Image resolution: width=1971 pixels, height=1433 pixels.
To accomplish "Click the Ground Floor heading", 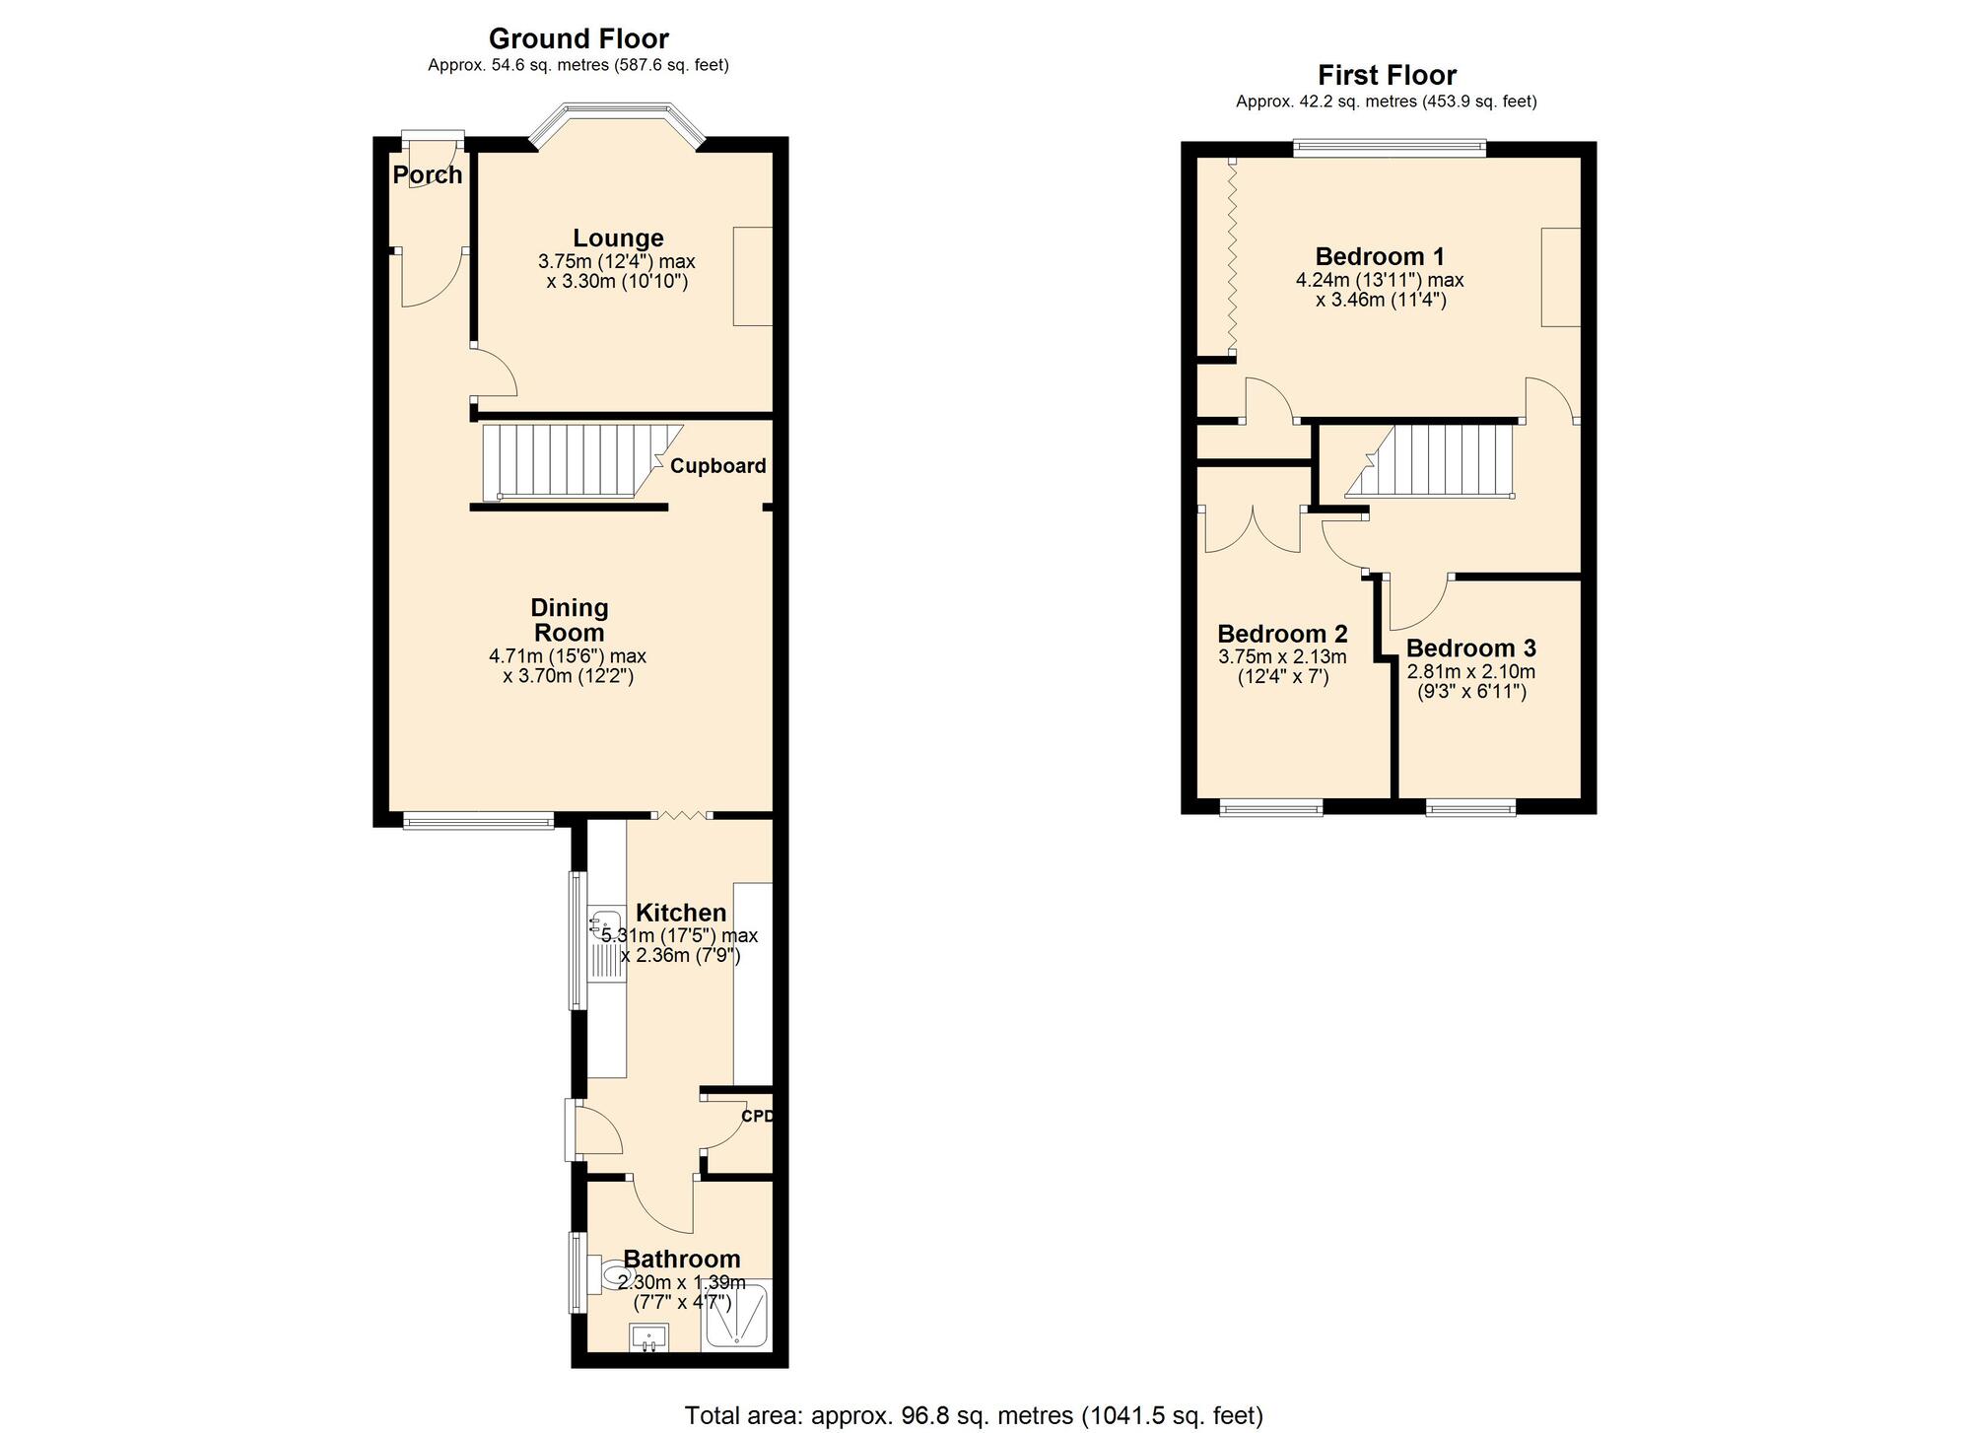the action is pyautogui.click(x=578, y=38).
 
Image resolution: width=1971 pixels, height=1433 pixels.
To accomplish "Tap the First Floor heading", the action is pyautogui.click(x=1387, y=75).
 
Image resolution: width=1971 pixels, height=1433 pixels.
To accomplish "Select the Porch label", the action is pyautogui.click(x=428, y=175).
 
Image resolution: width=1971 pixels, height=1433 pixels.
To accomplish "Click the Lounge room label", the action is pyautogui.click(x=619, y=238).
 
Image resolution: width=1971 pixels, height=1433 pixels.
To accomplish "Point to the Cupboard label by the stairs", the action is pyautogui.click(x=717, y=466).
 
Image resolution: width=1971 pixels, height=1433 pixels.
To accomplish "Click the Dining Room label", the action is pyautogui.click(x=569, y=620).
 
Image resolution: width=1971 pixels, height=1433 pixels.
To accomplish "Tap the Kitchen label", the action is pyautogui.click(x=681, y=913).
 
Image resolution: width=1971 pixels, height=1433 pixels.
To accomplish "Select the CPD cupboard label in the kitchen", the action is pyautogui.click(x=756, y=1117).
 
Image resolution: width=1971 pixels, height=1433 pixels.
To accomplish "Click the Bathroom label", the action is pyautogui.click(x=682, y=1259).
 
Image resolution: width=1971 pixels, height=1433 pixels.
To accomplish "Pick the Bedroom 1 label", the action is pyautogui.click(x=1380, y=256).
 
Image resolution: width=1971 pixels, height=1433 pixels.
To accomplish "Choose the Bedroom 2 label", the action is pyautogui.click(x=1282, y=634).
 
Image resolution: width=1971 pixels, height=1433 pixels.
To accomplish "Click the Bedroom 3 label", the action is pyautogui.click(x=1470, y=648).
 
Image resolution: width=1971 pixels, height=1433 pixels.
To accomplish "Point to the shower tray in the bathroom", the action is pyautogui.click(x=736, y=1317).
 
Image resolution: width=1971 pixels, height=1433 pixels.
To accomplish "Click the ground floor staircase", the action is pyautogui.click(x=581, y=462).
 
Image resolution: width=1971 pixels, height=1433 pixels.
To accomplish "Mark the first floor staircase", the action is pyautogui.click(x=1429, y=459).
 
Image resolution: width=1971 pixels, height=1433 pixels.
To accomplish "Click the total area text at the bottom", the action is pyautogui.click(x=974, y=1416).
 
